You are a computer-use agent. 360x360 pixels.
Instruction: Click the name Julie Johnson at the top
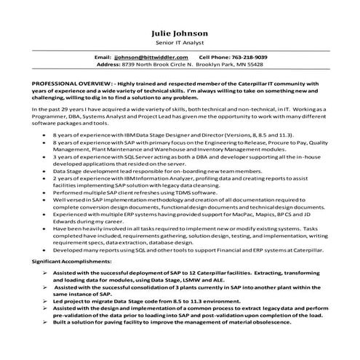click(x=179, y=33)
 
